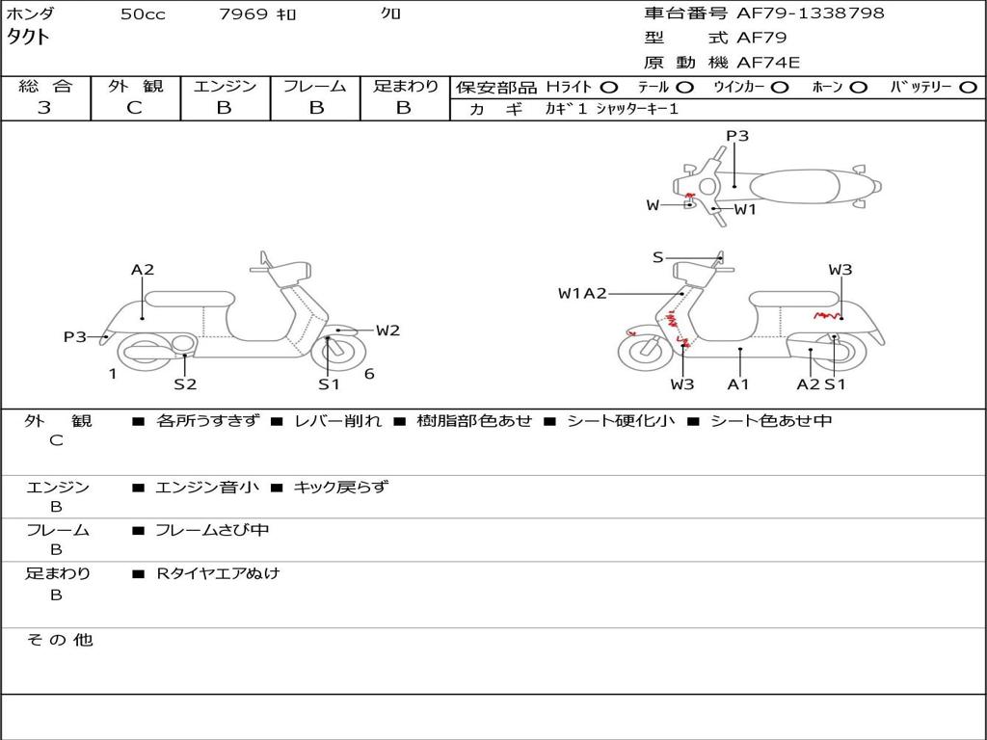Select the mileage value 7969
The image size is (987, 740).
(x=244, y=14)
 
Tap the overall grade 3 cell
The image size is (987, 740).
(x=44, y=107)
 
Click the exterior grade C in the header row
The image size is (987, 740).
(x=134, y=107)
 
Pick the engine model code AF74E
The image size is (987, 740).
(x=768, y=63)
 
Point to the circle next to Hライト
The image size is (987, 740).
(x=609, y=87)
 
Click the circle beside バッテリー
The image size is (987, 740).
(x=968, y=87)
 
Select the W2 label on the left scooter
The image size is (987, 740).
(x=387, y=330)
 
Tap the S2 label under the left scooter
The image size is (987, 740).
(x=185, y=384)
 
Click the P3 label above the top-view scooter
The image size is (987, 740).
(x=737, y=136)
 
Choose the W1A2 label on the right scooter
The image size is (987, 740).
(x=582, y=293)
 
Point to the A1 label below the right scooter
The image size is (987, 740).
(x=739, y=384)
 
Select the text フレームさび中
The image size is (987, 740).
(x=212, y=530)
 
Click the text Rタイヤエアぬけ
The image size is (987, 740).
(x=218, y=573)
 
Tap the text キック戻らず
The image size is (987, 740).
(x=340, y=488)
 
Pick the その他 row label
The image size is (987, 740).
(x=59, y=640)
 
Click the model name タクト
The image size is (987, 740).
(x=29, y=38)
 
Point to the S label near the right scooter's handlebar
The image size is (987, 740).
(x=657, y=257)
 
